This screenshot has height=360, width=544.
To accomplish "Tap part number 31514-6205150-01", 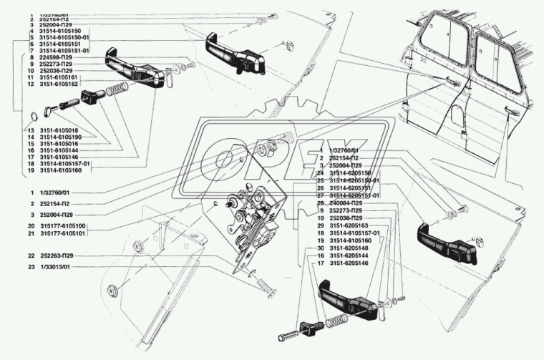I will tap(355, 181).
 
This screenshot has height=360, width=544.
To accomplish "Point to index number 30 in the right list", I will tap(322, 248).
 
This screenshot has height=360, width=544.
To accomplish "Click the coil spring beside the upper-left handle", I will tap(115, 92).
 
